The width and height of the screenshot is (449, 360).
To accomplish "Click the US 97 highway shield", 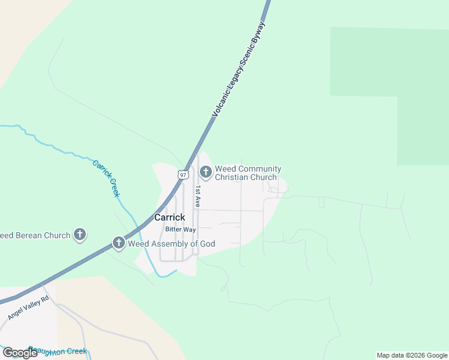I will pos(183,175).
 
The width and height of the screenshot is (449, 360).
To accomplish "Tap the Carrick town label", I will pos(169,217).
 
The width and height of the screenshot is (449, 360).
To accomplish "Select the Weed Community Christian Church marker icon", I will pos(205,173).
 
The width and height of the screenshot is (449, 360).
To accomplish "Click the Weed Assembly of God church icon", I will pos(119,244).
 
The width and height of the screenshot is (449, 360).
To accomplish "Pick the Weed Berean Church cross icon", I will pos(80,235).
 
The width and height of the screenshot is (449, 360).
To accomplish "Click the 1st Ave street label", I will pos(197,196).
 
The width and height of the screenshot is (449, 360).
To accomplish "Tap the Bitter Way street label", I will pos(181,230).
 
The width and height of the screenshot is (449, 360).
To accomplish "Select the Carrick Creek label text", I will pos(106,178).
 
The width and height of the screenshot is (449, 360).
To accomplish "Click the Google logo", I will pos(20,353).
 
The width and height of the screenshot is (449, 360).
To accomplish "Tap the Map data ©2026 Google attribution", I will pos(412,355).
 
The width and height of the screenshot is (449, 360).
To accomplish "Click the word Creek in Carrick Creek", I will pos(114,188).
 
